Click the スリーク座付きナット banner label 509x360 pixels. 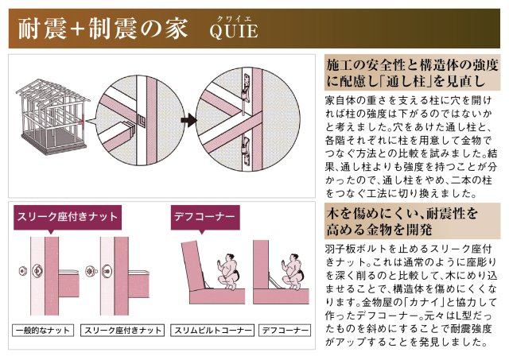66,217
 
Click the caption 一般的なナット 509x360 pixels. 41,329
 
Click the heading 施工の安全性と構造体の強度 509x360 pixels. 413,64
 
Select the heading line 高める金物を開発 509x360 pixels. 379,230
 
